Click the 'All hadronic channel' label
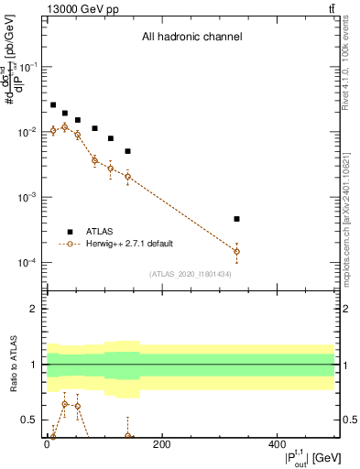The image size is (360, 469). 191,38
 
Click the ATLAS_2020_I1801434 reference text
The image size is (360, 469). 191,274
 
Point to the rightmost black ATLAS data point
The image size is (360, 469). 236,219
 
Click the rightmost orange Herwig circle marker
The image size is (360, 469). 236,251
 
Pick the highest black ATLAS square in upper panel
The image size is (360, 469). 53,105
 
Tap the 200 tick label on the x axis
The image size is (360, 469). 161,446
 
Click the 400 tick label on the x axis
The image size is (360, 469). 278,446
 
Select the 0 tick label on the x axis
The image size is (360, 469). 47,446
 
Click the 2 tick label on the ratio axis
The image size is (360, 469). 34,310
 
